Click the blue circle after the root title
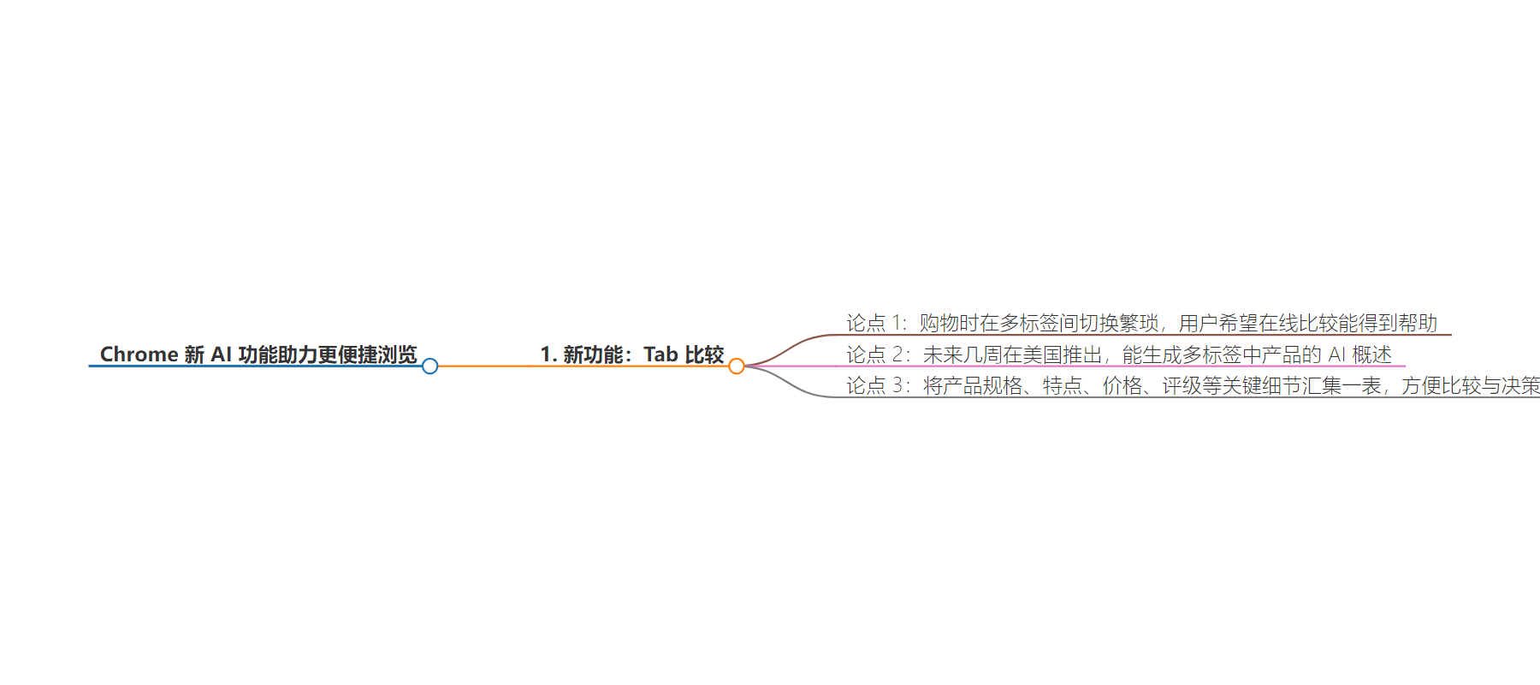coord(429,366)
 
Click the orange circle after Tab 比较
coord(737,366)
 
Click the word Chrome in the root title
coord(139,354)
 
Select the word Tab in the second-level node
coord(660,354)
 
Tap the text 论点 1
coord(875,323)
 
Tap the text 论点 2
coord(877,354)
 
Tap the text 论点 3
coord(877,386)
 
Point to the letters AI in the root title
coord(222,354)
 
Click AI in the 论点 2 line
coord(1336,354)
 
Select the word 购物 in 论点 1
coord(939,323)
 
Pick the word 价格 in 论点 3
coord(1122,386)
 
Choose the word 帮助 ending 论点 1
coord(1418,323)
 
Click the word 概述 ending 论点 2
coord(1372,354)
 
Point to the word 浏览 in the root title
coord(397,354)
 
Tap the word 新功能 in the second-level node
coord(592,354)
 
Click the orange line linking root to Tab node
coord(583,366)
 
